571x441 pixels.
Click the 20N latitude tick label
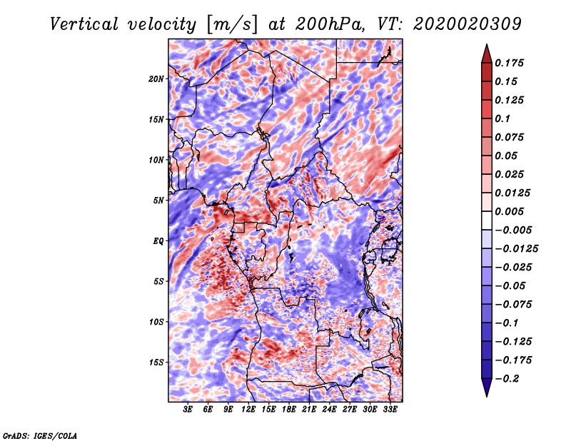click(x=156, y=78)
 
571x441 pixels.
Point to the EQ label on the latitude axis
click(x=158, y=241)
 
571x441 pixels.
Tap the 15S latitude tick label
click(x=156, y=363)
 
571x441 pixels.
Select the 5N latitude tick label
click(x=158, y=201)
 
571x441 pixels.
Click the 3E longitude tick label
click(x=188, y=410)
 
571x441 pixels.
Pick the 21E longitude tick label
click(x=309, y=410)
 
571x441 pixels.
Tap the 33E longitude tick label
click(x=390, y=410)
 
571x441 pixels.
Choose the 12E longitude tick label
click(x=248, y=410)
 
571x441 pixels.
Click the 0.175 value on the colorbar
click(x=510, y=63)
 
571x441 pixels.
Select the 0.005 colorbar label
click(x=510, y=211)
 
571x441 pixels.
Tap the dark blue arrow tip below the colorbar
click(x=485, y=392)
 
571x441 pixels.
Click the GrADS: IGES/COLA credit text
click(x=40, y=435)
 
